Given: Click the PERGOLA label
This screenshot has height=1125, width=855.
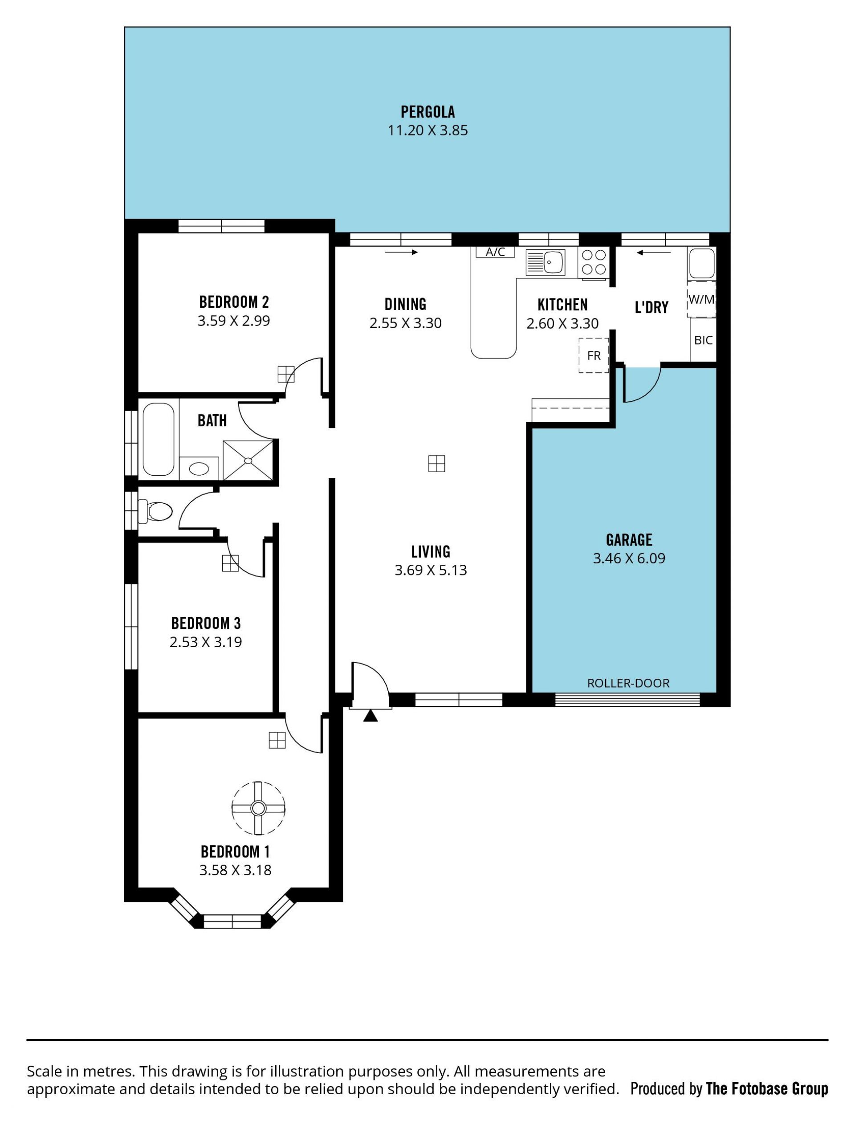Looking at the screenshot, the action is (x=427, y=111).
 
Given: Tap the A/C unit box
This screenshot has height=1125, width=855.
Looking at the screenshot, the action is (x=495, y=252).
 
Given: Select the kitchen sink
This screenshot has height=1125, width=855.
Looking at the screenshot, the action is (x=546, y=262).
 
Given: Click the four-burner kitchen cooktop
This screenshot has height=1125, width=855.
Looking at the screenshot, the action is (x=594, y=262).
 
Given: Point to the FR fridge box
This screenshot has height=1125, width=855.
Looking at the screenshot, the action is (x=594, y=355).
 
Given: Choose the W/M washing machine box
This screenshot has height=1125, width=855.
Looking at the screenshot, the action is (x=701, y=299).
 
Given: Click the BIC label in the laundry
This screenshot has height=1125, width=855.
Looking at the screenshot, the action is (x=703, y=340).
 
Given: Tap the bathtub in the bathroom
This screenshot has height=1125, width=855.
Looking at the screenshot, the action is (x=159, y=439).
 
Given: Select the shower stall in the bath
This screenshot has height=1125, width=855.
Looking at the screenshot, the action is (x=248, y=460).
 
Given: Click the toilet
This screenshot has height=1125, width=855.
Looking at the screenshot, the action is (x=156, y=511).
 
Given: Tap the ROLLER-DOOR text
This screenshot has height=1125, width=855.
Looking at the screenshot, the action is (x=628, y=683).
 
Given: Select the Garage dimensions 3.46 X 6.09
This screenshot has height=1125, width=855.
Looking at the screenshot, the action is (x=629, y=558).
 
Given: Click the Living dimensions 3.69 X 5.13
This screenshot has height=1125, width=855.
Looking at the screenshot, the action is (x=431, y=570).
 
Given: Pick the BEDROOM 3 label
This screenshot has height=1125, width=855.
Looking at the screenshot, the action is (x=206, y=623).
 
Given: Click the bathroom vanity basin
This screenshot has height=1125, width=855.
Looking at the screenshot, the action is (x=199, y=469).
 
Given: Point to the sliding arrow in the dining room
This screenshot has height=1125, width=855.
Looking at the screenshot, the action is (x=402, y=252).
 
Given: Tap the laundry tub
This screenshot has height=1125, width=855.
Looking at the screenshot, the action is (x=701, y=263).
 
